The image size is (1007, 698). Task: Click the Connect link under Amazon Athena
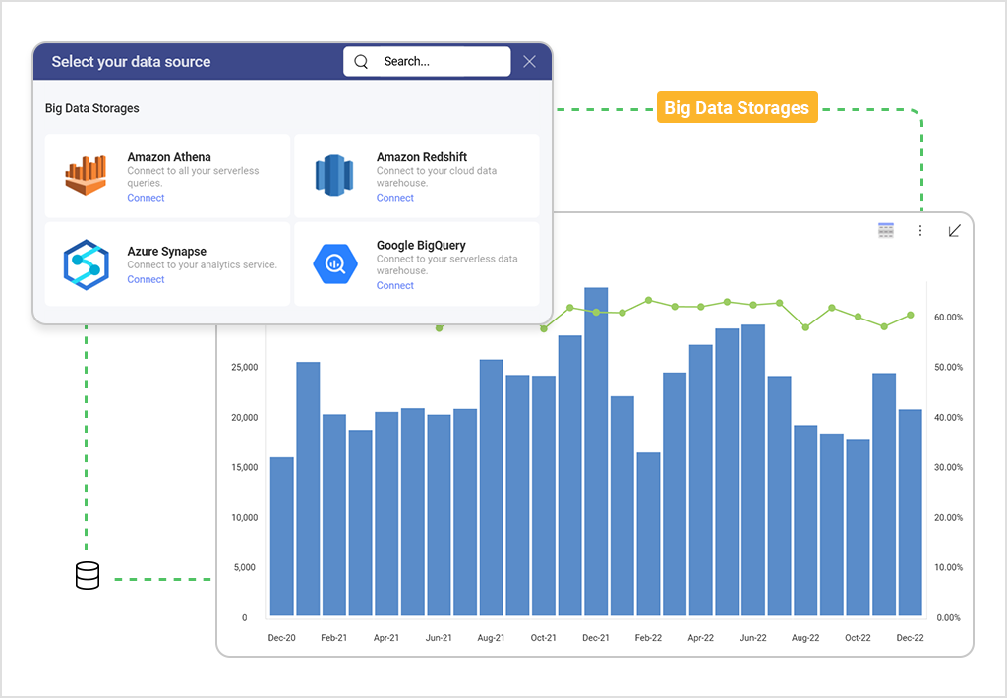tap(146, 198)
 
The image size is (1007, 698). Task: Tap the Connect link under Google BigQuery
tap(395, 286)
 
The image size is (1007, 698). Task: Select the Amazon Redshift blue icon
tap(333, 175)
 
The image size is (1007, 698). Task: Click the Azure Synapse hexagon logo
tap(86, 263)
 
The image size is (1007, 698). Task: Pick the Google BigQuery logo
tap(333, 263)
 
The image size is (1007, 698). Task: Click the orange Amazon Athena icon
tap(86, 175)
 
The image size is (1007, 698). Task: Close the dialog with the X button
tap(530, 61)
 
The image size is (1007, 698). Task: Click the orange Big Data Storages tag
tap(737, 108)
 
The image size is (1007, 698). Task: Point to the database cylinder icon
tap(88, 576)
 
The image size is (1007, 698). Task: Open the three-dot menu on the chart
tap(920, 231)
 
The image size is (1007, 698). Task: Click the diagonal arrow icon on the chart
tap(954, 231)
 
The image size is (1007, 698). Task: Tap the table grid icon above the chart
tap(886, 230)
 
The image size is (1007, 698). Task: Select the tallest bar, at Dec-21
tap(596, 452)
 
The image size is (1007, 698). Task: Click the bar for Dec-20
tap(282, 537)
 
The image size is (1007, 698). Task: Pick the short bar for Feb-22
tap(648, 535)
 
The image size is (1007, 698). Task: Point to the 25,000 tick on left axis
tap(244, 368)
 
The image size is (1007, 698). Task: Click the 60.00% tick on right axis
tap(948, 318)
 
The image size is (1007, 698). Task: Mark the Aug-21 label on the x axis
tap(491, 638)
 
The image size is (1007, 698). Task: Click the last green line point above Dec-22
tap(911, 315)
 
